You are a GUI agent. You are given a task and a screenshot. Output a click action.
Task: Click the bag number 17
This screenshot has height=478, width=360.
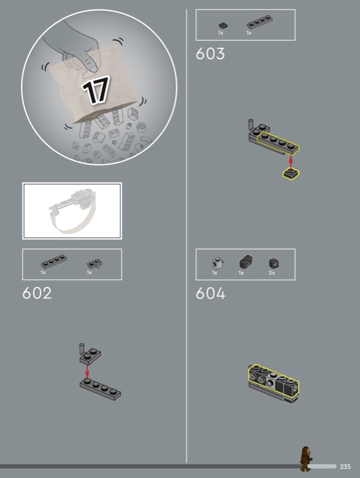point(96,90)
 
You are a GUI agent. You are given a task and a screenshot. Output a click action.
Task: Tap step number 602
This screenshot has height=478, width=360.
point(37,293)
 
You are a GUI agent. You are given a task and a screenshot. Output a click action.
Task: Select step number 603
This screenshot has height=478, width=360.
point(210,53)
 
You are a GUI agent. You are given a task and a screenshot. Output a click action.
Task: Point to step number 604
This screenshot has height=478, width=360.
point(210,293)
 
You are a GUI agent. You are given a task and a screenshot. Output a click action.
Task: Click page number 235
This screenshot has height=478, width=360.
point(345,467)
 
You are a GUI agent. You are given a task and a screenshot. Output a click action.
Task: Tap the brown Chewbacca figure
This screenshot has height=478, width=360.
point(305,459)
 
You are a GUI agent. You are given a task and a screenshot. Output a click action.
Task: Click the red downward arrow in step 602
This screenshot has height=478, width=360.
point(87,371)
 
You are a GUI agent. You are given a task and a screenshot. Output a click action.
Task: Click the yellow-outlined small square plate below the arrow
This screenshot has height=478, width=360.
point(291,174)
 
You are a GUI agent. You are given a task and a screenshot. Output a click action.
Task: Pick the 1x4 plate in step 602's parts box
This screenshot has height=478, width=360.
point(54,262)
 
